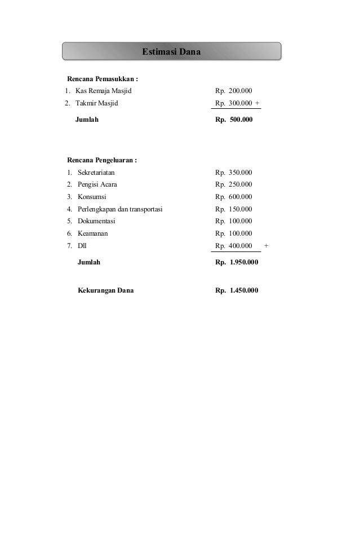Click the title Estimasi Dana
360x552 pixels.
point(171,52)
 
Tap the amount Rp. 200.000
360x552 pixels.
point(234,91)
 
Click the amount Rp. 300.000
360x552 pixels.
point(234,103)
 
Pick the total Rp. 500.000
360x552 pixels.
point(234,120)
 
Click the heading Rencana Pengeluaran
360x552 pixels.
point(103,160)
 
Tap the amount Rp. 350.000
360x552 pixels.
point(234,173)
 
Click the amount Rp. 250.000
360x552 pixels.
point(234,184)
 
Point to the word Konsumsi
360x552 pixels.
point(91,197)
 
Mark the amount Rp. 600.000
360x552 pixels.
point(234,197)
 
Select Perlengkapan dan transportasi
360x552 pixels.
point(120,209)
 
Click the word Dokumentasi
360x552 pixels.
point(96,221)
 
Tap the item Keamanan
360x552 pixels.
point(93,233)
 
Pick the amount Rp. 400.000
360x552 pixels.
point(234,246)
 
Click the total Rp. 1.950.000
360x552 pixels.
point(237,262)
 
